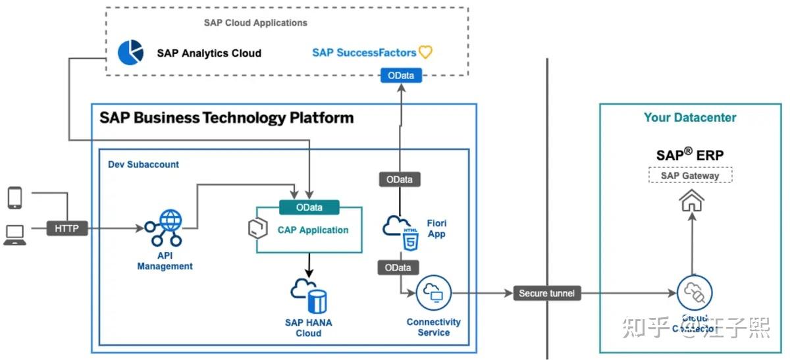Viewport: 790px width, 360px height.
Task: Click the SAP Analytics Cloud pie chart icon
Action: pos(130,53)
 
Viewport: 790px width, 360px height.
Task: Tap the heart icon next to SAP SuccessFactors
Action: pos(426,52)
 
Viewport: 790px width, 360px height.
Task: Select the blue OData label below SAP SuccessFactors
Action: pos(400,76)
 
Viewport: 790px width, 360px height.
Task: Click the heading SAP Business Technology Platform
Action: pos(226,118)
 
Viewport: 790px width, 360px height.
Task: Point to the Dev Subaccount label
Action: pos(144,165)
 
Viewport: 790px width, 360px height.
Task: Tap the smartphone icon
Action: pos(14,197)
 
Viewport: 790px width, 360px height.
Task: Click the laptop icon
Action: pos(14,234)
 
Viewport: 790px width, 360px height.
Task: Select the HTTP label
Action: pos(66,229)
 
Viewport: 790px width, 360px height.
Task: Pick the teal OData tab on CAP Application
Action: pos(309,207)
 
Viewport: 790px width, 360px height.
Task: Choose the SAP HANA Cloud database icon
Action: pos(309,297)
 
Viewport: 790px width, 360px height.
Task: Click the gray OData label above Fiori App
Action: pos(399,179)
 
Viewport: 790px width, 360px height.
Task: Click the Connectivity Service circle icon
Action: pos(433,293)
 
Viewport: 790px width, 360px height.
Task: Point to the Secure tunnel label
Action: pos(546,294)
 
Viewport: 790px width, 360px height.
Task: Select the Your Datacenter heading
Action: pos(690,118)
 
